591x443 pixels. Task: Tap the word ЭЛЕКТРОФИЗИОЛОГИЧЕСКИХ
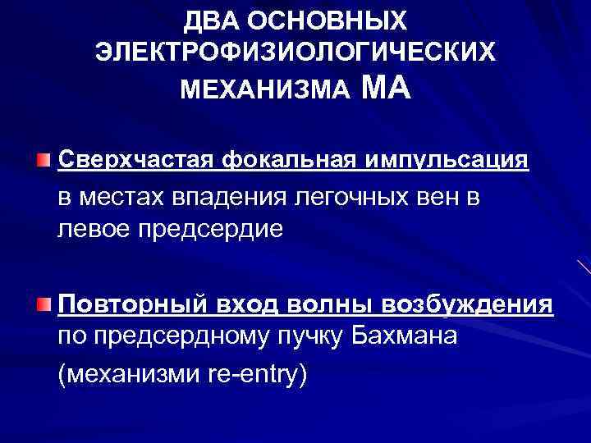coord(295,53)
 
